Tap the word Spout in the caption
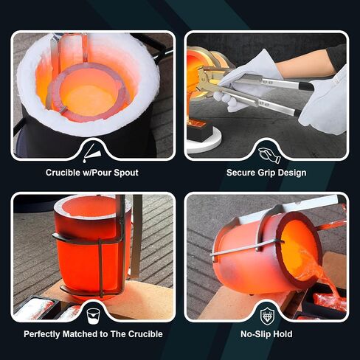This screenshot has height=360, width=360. point(126,173)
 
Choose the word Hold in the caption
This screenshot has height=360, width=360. point(283,334)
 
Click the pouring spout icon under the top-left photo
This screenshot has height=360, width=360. point(91,153)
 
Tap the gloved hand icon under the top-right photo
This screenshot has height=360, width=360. point(269,155)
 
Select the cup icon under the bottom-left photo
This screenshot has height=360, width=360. point(94,316)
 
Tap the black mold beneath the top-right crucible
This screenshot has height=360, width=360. point(199,130)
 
